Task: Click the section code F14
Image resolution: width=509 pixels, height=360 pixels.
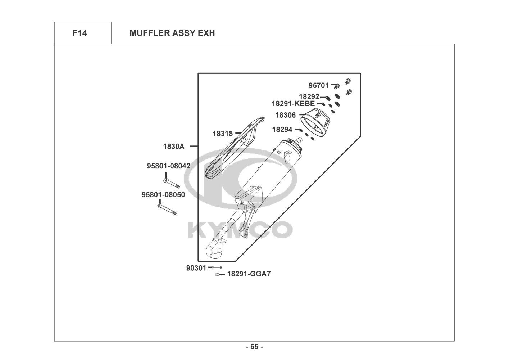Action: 79,33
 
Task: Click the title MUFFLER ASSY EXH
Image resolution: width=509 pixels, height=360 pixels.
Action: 172,33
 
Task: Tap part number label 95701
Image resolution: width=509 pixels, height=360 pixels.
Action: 318,85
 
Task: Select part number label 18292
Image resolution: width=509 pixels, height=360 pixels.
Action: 309,96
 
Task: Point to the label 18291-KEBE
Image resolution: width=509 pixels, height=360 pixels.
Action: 293,104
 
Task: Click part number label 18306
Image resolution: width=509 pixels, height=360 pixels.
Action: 286,115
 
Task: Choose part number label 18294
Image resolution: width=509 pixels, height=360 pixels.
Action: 282,129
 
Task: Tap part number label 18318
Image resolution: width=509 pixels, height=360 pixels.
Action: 223,134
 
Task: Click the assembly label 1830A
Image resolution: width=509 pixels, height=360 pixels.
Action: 173,146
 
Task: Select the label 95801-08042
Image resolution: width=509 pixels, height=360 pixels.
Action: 168,166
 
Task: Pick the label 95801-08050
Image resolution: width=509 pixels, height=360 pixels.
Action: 163,195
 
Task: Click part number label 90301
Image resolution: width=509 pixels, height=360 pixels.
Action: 196,267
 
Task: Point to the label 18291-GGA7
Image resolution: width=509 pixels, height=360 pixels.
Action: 249,274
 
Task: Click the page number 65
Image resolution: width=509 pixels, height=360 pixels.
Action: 254,347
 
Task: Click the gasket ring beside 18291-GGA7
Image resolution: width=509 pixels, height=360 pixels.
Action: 218,275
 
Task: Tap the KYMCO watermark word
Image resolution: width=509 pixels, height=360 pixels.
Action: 240,230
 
